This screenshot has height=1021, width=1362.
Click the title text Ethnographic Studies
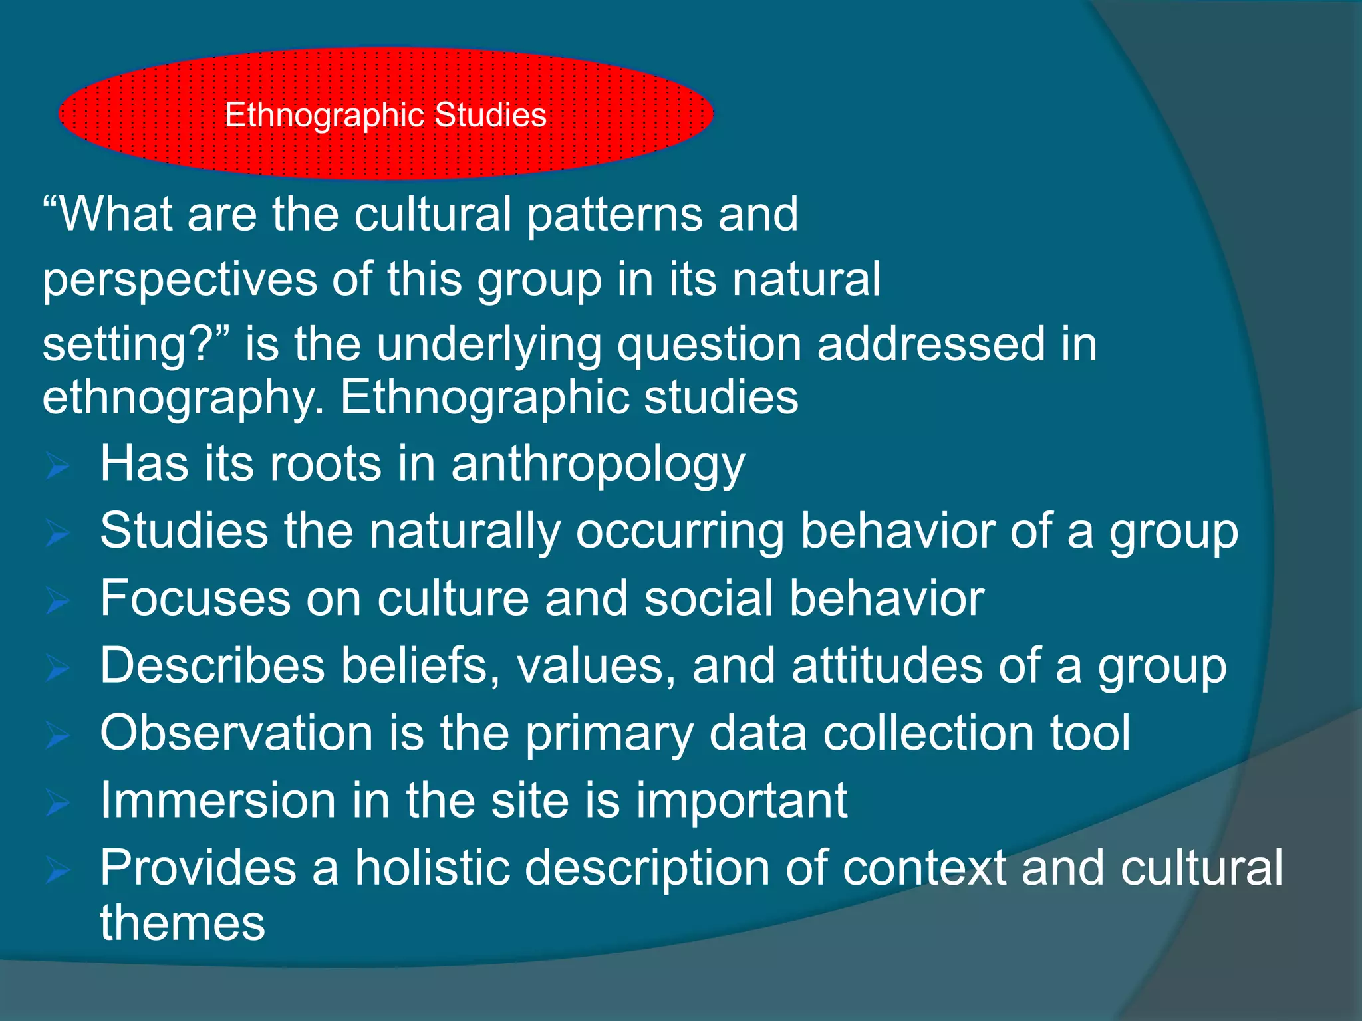pyautogui.click(x=385, y=115)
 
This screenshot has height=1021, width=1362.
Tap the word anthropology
pyautogui.click(x=598, y=465)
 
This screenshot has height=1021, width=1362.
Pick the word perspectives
pyautogui.click(x=180, y=280)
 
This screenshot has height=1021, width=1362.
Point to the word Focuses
pyautogui.click(x=195, y=598)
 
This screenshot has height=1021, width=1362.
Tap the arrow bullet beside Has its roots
pyautogui.click(x=58, y=466)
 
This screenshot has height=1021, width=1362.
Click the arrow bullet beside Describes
pyautogui.click(x=58, y=668)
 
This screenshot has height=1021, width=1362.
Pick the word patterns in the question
pyautogui.click(x=614, y=215)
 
